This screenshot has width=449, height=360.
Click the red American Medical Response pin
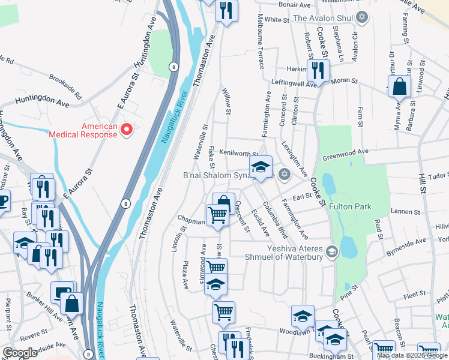[x=127, y=130]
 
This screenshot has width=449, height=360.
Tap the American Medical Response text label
[x=99, y=130]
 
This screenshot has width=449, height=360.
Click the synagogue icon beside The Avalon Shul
[x=361, y=18]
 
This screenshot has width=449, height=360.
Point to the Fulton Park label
[x=350, y=206]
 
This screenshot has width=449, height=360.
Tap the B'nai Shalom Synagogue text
[x=228, y=176]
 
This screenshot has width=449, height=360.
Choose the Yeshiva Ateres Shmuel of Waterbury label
[x=291, y=253]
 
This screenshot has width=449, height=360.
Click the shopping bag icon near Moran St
[x=399, y=88]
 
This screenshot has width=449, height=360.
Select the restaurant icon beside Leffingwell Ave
[x=318, y=71]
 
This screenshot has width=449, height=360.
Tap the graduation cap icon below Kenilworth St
[x=261, y=167]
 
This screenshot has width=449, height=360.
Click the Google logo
[x=20, y=352]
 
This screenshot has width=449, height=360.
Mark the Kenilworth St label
[x=239, y=153]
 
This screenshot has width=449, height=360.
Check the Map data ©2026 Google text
[x=412, y=355]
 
